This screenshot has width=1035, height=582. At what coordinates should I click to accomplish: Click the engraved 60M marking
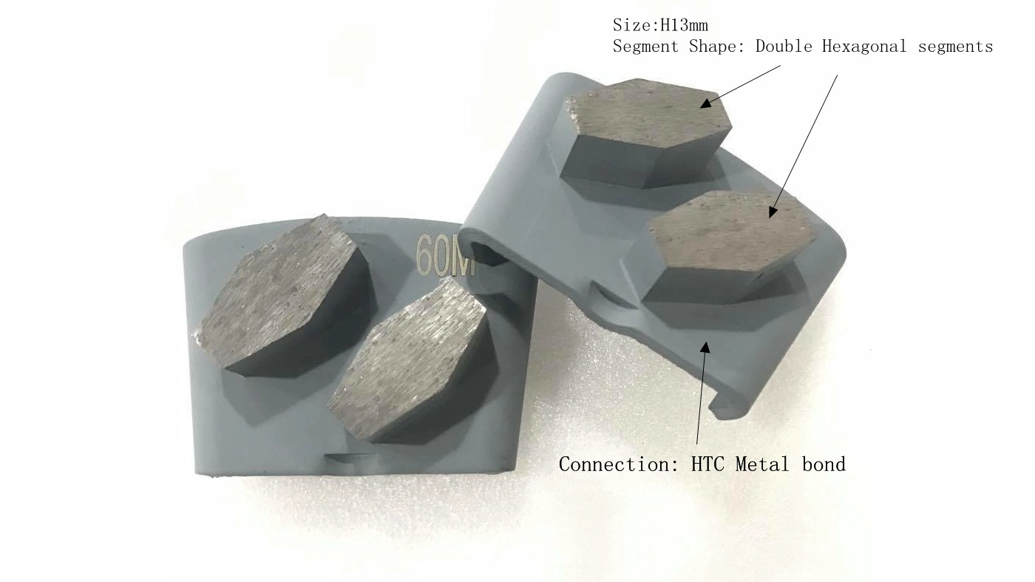tap(445, 255)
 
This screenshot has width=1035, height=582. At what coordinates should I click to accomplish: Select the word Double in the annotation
tap(784, 47)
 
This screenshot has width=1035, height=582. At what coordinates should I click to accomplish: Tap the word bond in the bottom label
tap(823, 464)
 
